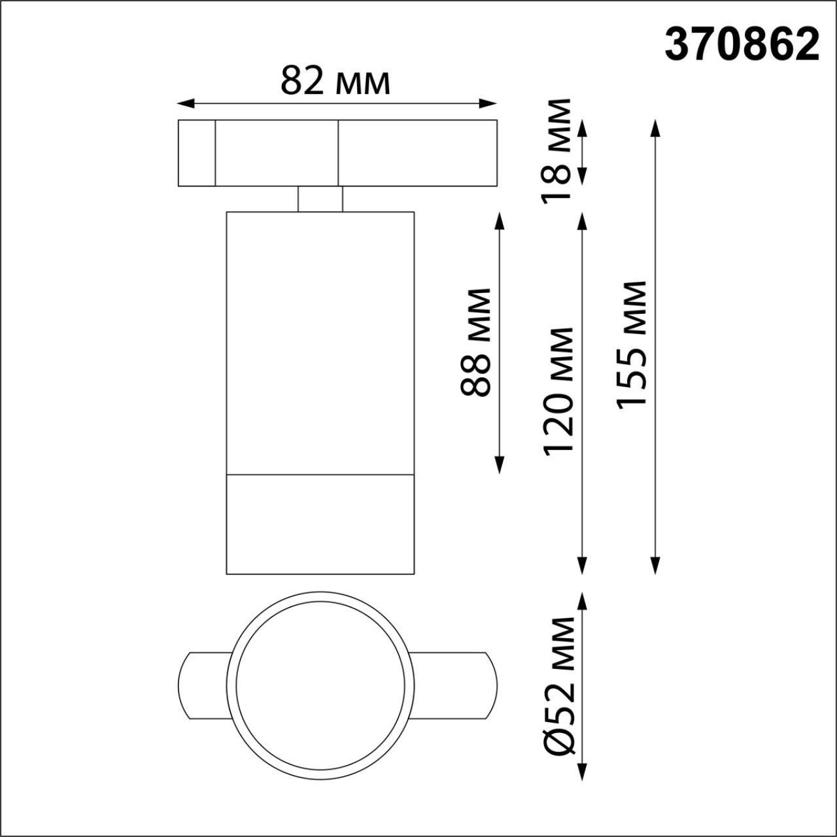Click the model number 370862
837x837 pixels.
click(742, 45)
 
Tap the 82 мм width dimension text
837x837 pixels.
click(335, 82)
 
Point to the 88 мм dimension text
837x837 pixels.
click(475, 342)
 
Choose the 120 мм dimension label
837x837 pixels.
click(558, 390)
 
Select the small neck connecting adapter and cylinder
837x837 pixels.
click(320, 199)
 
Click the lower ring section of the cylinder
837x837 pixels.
click(320, 524)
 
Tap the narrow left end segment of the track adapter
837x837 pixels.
click(197, 153)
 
